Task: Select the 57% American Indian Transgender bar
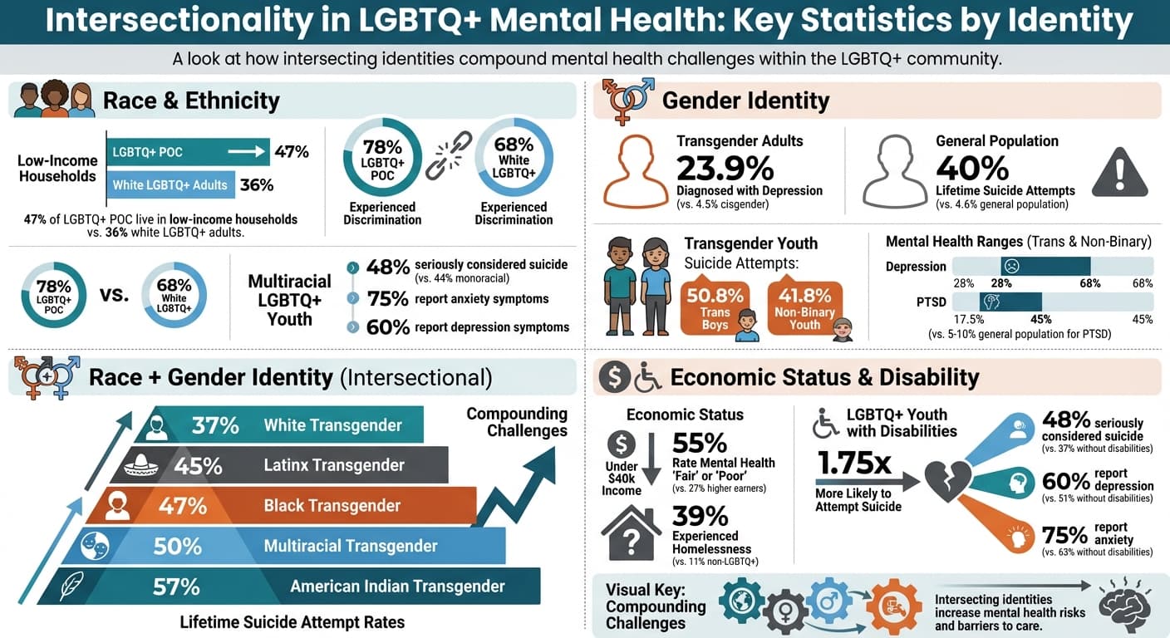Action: tap(299, 586)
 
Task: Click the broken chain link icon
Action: tap(449, 157)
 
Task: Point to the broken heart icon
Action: tap(948, 481)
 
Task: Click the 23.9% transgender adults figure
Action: tap(725, 168)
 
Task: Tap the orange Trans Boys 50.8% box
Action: tap(714, 307)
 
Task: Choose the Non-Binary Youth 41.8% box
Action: tap(805, 307)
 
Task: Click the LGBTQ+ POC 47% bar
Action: tap(188, 152)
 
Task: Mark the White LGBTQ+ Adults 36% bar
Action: tap(170, 184)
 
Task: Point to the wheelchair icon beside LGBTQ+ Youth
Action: tap(825, 423)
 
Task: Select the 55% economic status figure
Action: tap(699, 444)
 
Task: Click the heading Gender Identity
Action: tap(745, 101)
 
